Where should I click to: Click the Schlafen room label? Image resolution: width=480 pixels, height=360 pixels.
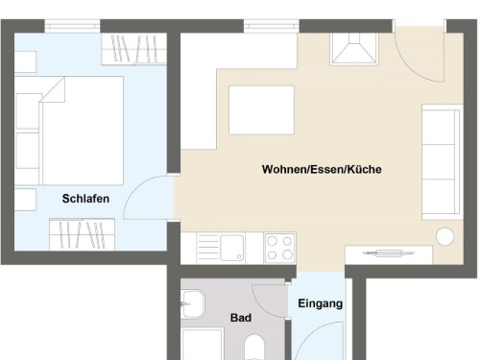tap(85, 199)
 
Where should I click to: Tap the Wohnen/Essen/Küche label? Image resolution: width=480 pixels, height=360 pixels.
tap(322, 169)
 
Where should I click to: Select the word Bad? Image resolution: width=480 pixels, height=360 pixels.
tap(241, 318)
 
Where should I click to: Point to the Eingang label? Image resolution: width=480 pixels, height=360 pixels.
tap(321, 303)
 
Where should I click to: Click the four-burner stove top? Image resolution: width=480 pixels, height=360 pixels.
tap(279, 248)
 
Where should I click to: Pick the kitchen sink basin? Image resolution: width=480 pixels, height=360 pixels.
tap(231, 248)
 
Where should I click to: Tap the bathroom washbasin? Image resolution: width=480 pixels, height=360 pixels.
tap(193, 304)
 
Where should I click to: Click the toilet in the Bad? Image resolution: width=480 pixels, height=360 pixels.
tap(254, 348)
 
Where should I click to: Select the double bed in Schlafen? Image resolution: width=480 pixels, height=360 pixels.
tap(69, 131)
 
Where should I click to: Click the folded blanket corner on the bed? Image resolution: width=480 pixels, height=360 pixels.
tap(53, 89)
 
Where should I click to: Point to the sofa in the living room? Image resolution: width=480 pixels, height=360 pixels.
tap(443, 162)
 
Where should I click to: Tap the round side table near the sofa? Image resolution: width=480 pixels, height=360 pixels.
tap(444, 236)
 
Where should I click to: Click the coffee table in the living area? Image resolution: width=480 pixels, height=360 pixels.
tap(261, 110)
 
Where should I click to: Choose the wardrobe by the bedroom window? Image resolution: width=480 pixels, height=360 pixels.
tap(133, 49)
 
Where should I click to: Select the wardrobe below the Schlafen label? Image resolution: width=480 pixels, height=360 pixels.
tap(82, 234)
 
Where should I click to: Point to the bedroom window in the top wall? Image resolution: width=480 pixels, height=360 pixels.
tap(72, 26)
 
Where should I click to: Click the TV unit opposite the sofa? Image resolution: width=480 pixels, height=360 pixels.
tap(389, 255)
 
